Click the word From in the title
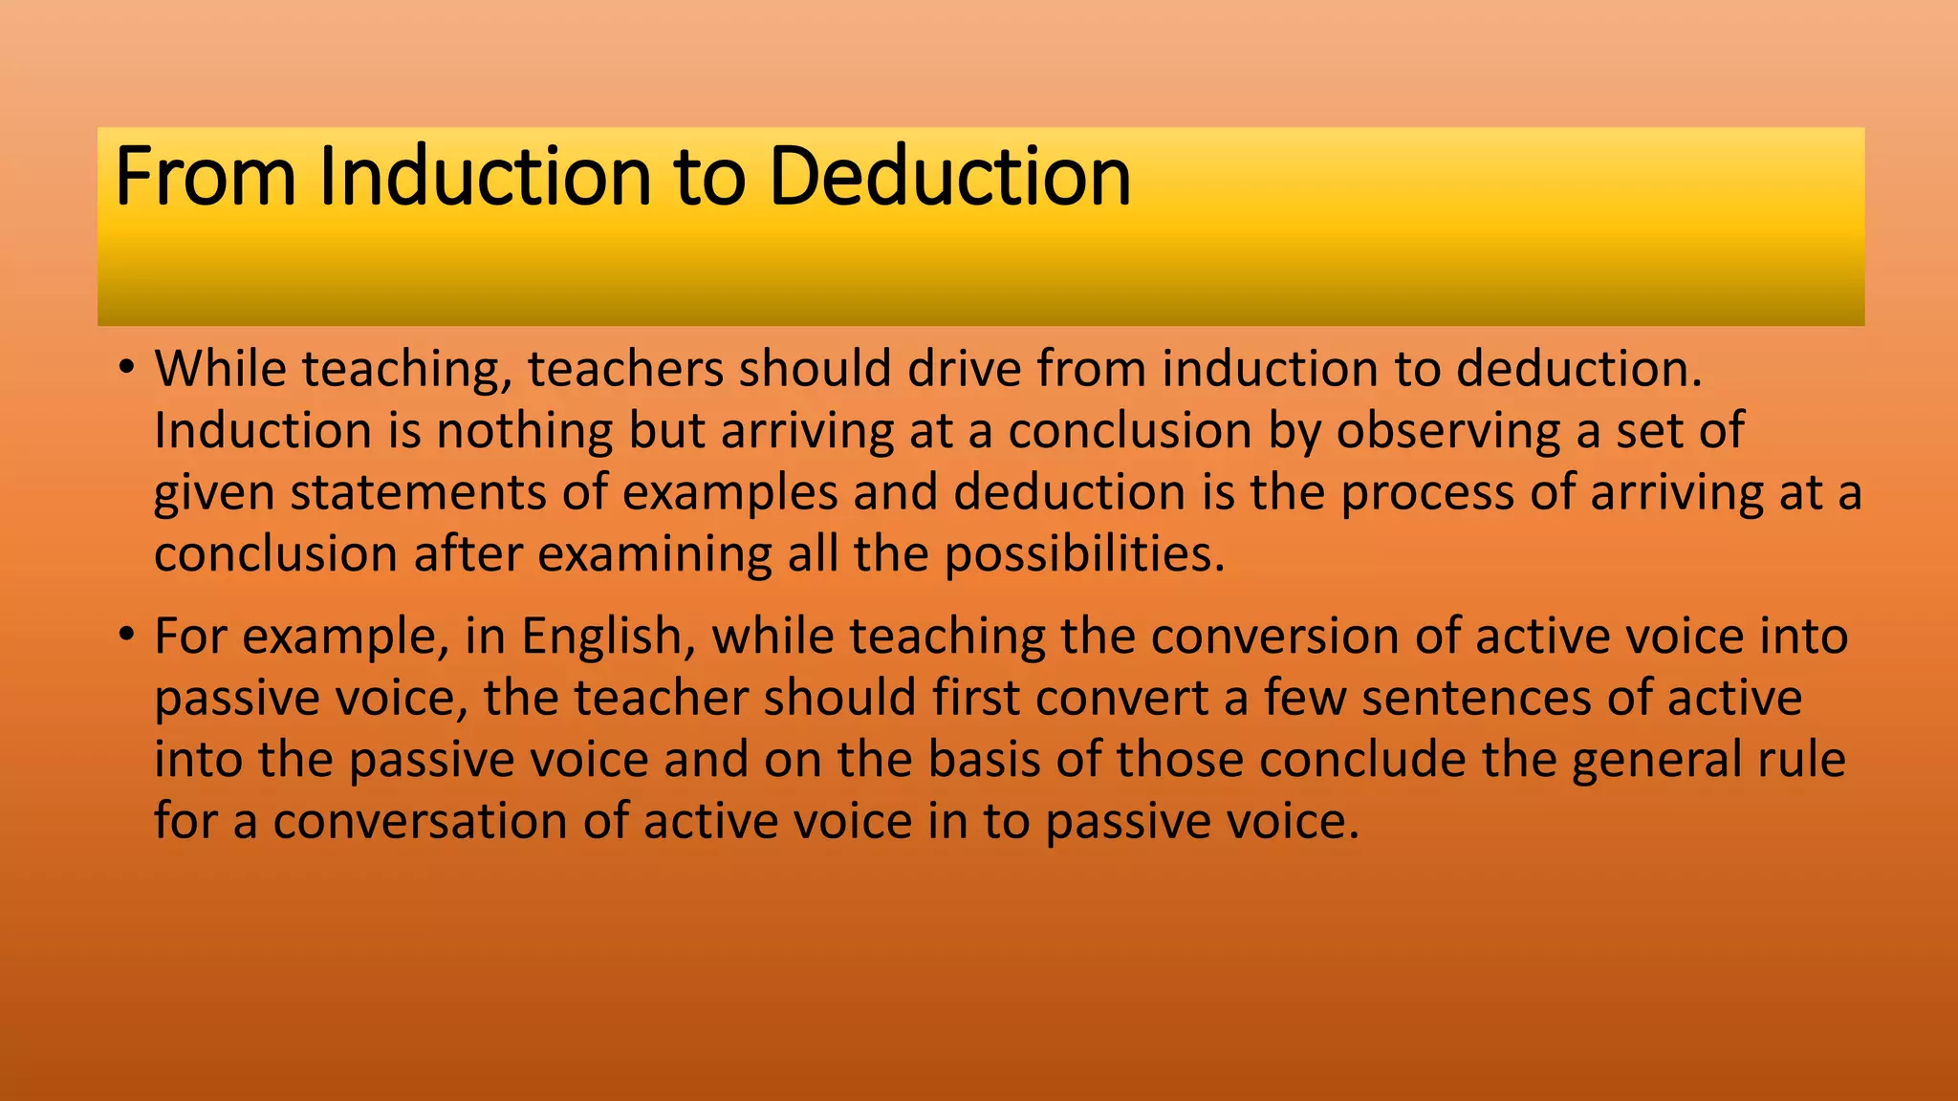[205, 177]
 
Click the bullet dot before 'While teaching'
[126, 368]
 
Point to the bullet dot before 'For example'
[126, 635]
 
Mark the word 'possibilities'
[1084, 554]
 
